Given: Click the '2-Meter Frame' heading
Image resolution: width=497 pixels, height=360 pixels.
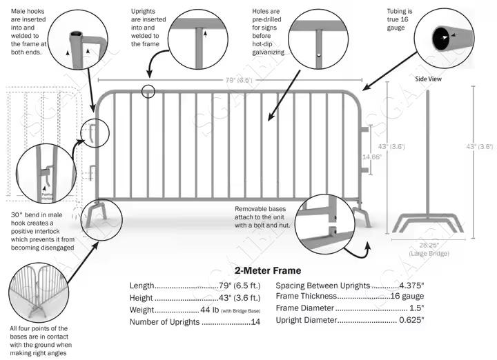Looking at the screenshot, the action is pos(268,271).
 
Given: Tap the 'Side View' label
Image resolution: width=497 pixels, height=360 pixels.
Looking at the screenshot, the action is pos(428,79).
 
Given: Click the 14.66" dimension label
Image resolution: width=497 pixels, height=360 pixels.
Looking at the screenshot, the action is pos(372,157).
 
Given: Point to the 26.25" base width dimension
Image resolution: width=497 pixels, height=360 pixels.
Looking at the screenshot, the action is pos(429,246).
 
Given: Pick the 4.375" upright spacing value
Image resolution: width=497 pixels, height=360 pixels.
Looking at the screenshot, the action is pos(407,286).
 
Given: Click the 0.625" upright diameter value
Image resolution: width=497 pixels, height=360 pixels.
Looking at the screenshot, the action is pos(412,320).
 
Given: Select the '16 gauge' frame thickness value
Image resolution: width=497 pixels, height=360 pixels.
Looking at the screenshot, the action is pos(407,297).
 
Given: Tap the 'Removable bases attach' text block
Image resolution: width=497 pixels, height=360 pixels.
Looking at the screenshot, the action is pos(266,217).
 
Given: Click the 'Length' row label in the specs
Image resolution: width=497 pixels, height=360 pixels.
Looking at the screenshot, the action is pos(142,286).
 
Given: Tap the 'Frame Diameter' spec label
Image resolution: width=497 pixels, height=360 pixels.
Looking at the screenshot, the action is pos(305,308).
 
